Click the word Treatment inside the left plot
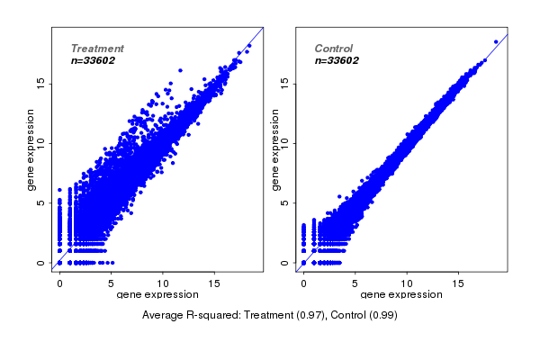coord(97,48)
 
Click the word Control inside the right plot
coord(334,48)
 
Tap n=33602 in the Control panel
coord(337,60)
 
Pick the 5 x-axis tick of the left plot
coord(112,283)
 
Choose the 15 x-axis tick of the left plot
coord(215,283)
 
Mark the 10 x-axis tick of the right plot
coord(407,283)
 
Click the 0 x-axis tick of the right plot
coord(303,283)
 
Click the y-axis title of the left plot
coord(31,149)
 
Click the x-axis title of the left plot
coord(158,294)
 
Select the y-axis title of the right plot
coord(276,149)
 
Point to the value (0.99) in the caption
coord(384,315)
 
